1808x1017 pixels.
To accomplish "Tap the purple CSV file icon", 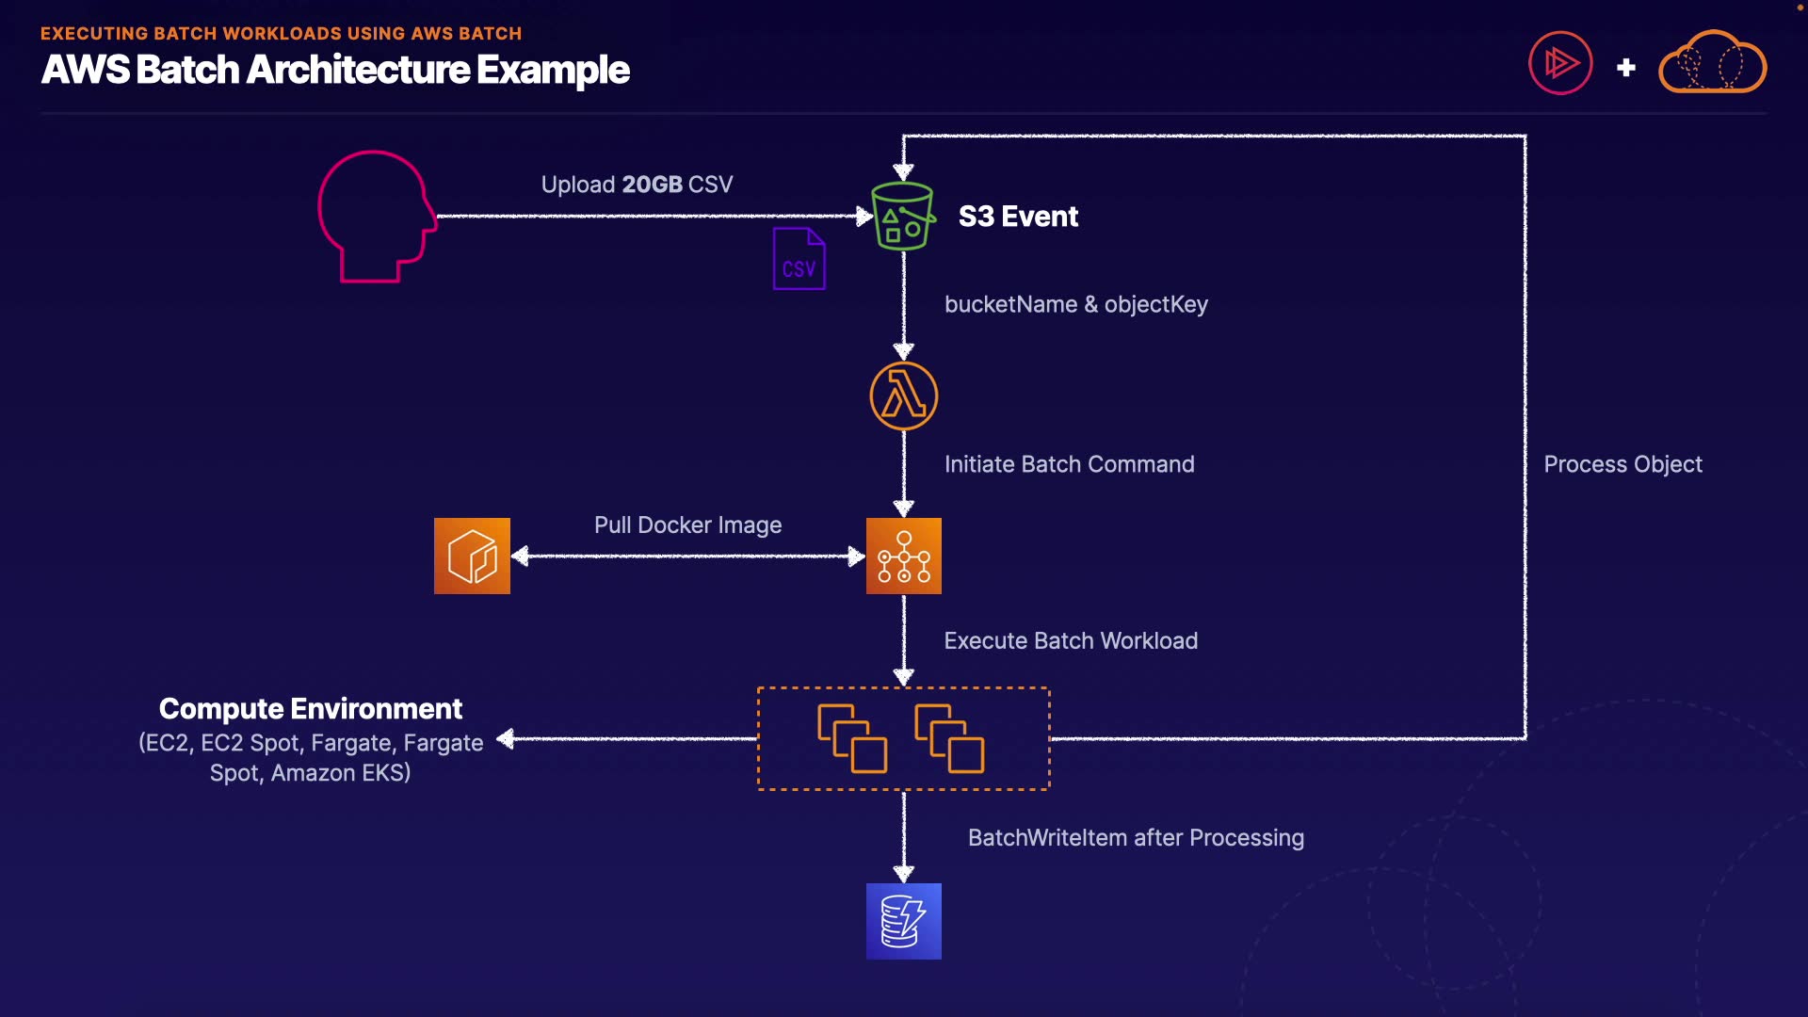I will (799, 259).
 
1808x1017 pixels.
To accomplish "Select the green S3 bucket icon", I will (903, 217).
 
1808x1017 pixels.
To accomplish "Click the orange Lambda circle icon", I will (903, 395).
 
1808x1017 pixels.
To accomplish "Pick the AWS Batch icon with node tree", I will (903, 556).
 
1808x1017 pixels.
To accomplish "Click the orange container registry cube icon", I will (472, 556).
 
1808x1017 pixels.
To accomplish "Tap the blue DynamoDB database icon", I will (903, 921).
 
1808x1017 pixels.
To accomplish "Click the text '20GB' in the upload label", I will (652, 185).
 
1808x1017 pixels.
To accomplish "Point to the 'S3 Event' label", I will (1018, 217).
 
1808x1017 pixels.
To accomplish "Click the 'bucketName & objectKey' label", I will (1075, 304).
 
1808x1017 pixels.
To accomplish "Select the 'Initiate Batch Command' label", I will (1069, 464).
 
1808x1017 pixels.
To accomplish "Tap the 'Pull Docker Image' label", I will (687, 525).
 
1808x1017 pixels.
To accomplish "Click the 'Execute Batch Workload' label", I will (1071, 640).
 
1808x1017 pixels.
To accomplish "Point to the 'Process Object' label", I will (1622, 464).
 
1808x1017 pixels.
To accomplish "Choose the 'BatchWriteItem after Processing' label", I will (1136, 837).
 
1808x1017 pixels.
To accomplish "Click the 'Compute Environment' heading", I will (311, 708).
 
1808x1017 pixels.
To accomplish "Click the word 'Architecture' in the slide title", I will (358, 70).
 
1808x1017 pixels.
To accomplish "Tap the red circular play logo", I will (1560, 63).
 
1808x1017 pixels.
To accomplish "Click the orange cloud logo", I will (1712, 62).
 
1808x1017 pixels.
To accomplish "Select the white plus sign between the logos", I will (1626, 68).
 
